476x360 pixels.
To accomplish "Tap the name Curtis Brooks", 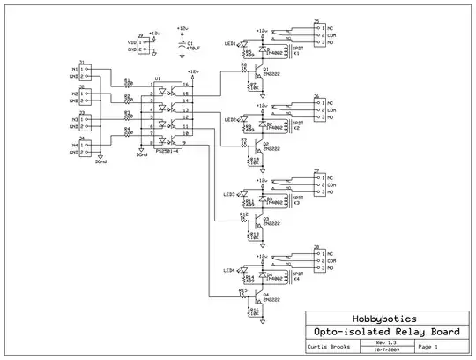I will (x=326, y=347).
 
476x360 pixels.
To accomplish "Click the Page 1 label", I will (x=428, y=347).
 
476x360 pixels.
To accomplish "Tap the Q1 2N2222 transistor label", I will (x=271, y=73).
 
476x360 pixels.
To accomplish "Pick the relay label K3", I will (x=297, y=203).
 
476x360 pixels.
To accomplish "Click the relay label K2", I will (x=297, y=128).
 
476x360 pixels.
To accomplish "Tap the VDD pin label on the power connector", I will (x=132, y=41).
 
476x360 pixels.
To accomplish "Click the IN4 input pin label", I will (x=73, y=139).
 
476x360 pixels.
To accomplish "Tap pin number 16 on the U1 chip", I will (x=184, y=86).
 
